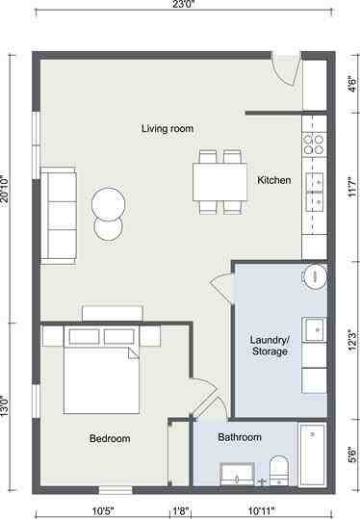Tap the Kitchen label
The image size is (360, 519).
[273, 180]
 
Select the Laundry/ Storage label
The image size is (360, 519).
[269, 346]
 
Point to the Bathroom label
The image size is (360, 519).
[239, 437]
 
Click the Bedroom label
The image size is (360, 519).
[110, 439]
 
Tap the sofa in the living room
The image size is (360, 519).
[58, 214]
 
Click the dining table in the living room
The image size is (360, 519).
[220, 180]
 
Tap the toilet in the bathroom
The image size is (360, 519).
[278, 471]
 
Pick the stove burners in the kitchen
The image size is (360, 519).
[314, 144]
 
